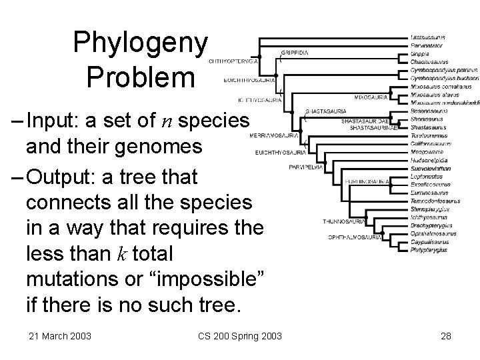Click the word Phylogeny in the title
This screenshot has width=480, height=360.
coord(141,43)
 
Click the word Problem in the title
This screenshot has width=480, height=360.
coord(141,78)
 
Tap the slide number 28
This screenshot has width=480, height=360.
coord(445,335)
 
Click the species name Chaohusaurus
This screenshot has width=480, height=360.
coord(428,61)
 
